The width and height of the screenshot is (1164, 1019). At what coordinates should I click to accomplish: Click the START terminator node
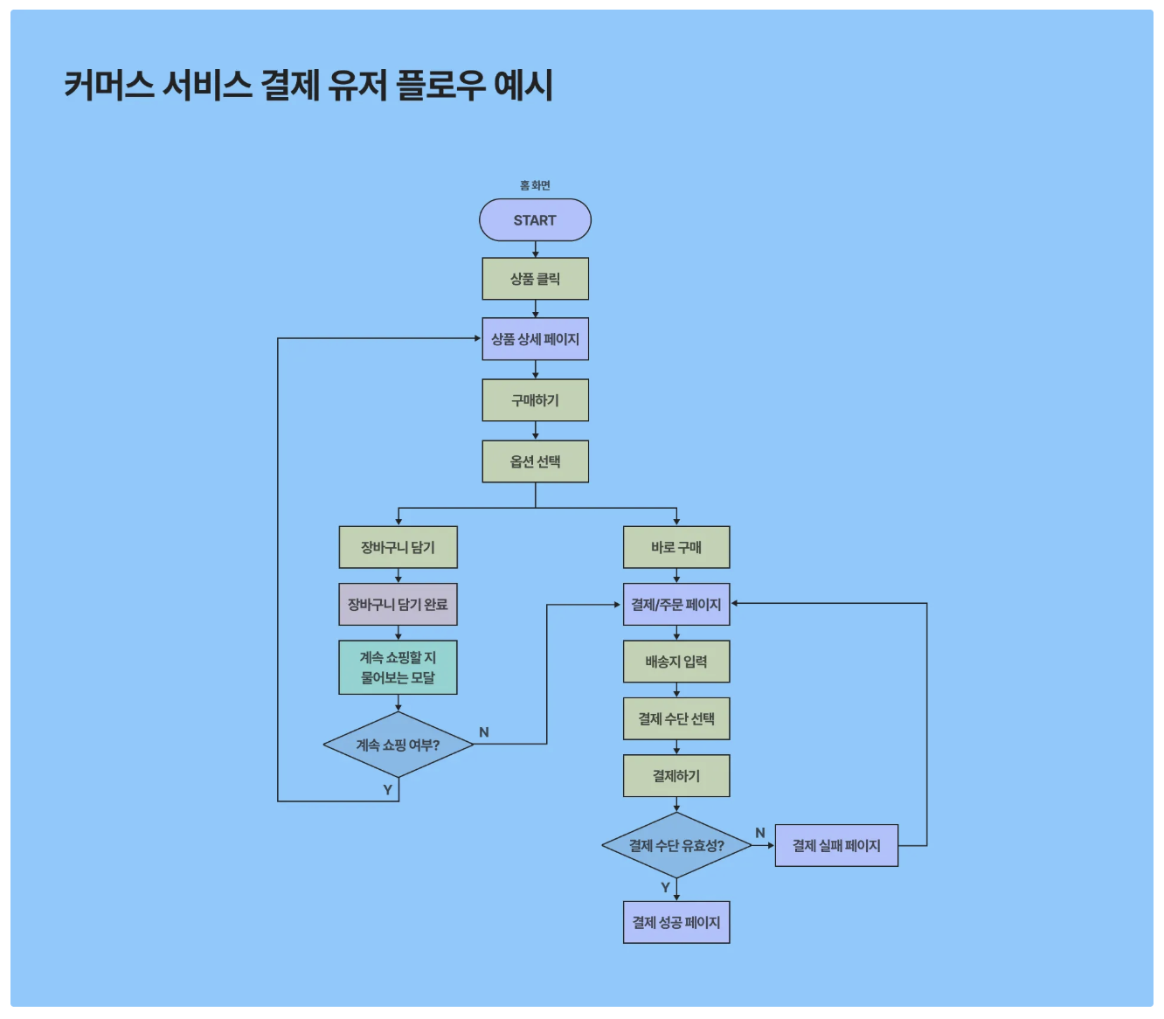[x=535, y=220]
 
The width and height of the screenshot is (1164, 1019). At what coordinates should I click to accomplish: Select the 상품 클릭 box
[x=535, y=279]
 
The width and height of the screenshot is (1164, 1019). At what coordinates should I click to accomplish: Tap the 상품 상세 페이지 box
[x=535, y=339]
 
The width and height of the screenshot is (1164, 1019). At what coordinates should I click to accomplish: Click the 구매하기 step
[x=535, y=400]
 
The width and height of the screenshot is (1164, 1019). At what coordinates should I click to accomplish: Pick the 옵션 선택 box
[x=535, y=461]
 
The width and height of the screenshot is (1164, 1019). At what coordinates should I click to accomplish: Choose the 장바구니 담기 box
[x=398, y=547]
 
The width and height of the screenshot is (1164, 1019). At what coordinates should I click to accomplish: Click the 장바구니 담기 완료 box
[x=398, y=604]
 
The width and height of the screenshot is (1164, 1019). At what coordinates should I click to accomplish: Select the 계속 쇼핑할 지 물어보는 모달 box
[x=398, y=668]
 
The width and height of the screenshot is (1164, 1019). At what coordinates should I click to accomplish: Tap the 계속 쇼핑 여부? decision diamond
[x=398, y=745]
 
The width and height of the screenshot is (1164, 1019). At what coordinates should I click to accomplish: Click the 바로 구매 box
[x=676, y=547]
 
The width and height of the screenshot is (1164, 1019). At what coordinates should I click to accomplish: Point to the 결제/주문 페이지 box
[x=676, y=604]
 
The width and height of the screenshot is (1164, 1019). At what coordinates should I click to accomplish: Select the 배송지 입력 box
[x=676, y=662]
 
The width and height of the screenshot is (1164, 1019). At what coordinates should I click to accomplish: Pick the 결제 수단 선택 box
[x=676, y=718]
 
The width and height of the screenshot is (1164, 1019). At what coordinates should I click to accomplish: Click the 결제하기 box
[x=676, y=776]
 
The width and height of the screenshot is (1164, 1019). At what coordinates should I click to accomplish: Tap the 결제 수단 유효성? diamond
[x=676, y=845]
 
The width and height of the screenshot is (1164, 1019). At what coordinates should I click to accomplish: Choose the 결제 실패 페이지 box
[x=835, y=845]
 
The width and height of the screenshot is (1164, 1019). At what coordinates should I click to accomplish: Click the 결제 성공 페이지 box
[x=676, y=922]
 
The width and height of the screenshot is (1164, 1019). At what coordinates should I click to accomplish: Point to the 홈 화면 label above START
[x=535, y=185]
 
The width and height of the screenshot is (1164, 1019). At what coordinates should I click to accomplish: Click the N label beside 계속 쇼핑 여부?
[x=484, y=732]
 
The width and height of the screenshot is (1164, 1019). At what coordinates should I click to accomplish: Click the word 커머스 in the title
[x=108, y=86]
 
